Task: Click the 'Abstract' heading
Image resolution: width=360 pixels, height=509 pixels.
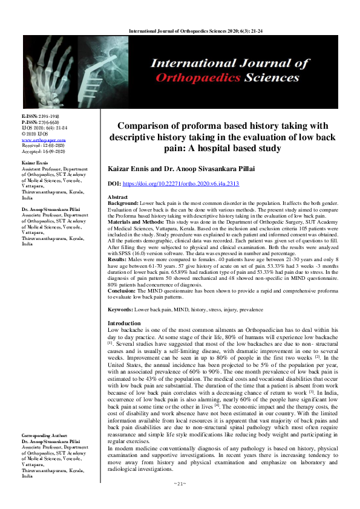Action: coord(117,198)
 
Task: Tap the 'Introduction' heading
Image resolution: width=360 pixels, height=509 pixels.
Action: coord(123,324)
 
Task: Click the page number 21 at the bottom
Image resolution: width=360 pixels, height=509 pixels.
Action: coord(179,501)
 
